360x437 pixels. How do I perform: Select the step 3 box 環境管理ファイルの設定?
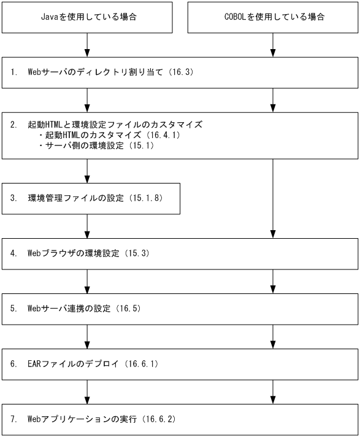[91, 198]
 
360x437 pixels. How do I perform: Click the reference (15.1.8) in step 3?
[145, 198]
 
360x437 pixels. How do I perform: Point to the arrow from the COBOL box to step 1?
[273, 45]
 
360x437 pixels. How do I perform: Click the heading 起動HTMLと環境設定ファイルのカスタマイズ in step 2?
[115, 124]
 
